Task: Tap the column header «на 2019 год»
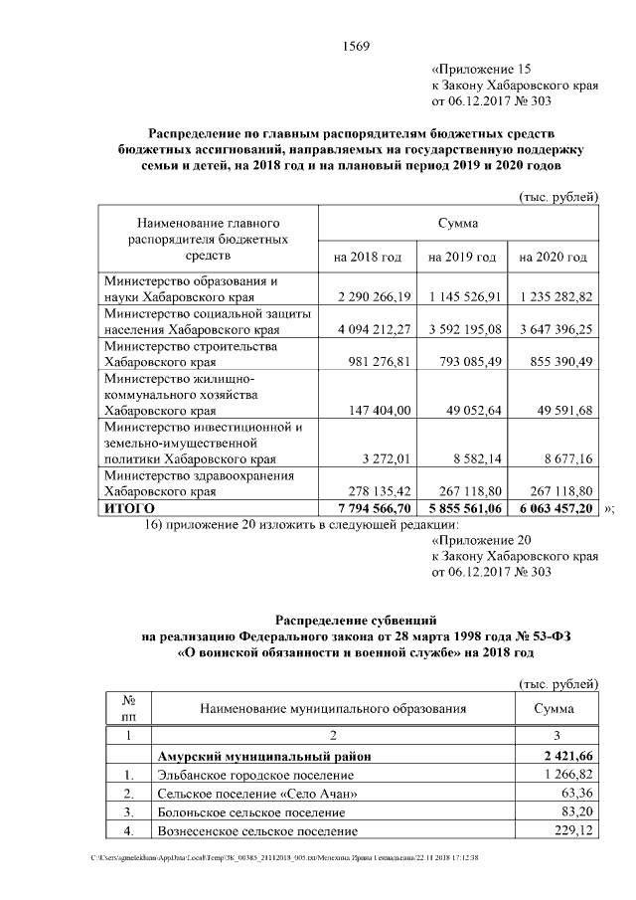click(462, 257)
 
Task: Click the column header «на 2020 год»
click(555, 257)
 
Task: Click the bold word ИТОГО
click(129, 507)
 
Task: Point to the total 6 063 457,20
click(555, 507)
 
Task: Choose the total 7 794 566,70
click(368, 507)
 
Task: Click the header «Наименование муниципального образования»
click(333, 708)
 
